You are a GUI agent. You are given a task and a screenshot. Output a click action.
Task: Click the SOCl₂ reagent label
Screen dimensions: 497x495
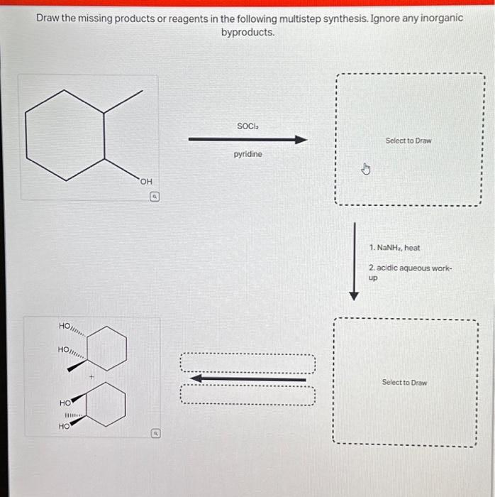(x=247, y=126)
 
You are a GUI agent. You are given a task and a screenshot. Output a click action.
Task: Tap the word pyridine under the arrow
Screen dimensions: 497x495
(x=247, y=153)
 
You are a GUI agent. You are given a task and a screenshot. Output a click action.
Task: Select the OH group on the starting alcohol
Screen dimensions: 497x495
(x=146, y=182)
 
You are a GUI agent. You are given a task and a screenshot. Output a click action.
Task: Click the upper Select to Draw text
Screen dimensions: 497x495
(x=408, y=141)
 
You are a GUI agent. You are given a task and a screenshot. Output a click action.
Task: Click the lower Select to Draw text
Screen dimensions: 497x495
(x=404, y=382)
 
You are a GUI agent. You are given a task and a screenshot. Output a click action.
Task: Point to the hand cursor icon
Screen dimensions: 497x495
(x=366, y=169)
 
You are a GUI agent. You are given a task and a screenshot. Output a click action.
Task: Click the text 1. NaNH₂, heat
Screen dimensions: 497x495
(x=394, y=248)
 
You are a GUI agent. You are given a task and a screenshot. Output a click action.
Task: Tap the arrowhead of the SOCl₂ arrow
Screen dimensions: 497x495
(x=301, y=140)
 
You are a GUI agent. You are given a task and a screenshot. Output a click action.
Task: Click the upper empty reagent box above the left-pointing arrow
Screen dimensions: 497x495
(x=247, y=364)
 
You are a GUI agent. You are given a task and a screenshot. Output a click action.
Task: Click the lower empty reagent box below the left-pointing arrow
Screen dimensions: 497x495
(x=247, y=395)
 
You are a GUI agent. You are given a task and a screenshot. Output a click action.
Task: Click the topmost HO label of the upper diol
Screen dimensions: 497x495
(x=65, y=325)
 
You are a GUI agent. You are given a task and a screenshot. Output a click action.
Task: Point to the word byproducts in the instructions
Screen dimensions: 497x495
(x=247, y=33)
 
